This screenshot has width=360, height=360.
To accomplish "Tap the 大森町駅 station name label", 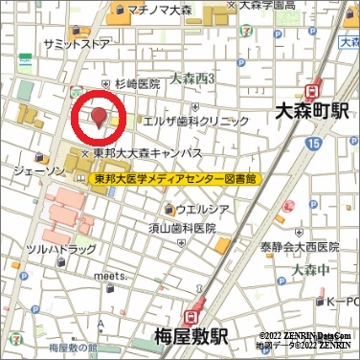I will click(x=310, y=111).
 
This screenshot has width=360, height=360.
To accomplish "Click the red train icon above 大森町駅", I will click(x=310, y=91).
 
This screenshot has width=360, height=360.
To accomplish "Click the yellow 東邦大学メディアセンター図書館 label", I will click(x=175, y=179).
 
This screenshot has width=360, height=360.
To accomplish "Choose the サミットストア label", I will click(x=77, y=44).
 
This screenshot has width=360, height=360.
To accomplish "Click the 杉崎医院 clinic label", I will click(x=137, y=84).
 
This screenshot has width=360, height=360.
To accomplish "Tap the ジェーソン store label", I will click(x=39, y=170).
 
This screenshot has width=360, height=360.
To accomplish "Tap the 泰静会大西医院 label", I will click(x=300, y=246).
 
